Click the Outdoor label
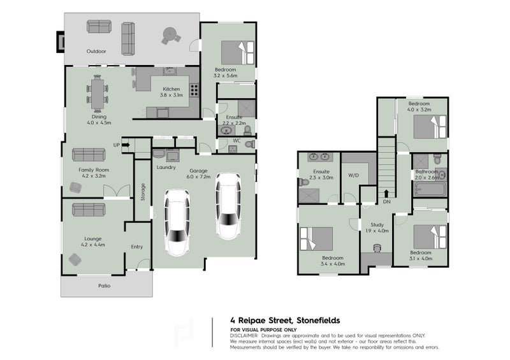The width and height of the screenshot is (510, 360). click(96, 51)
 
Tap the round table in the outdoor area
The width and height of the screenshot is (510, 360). click(170, 34)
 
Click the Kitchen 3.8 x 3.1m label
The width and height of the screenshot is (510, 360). click(171, 92)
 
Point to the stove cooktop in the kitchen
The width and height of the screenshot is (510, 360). click(194, 90)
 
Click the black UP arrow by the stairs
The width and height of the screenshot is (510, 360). click(126, 145)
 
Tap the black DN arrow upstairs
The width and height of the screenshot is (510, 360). click(386, 194)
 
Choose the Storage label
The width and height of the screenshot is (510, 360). click(143, 192)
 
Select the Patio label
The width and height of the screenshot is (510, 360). click(105, 285)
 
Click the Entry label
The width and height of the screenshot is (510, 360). click(137, 247)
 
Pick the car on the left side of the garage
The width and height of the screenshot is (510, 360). click(177, 222)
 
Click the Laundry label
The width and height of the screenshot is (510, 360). click(166, 167)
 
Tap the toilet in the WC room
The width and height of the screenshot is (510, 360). click(250, 145)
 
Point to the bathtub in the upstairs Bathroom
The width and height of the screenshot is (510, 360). click(430, 189)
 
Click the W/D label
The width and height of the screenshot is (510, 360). click(354, 175)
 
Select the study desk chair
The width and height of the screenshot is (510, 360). click(377, 248)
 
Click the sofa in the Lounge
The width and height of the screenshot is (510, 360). click(89, 210)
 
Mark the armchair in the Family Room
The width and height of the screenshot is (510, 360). click(75, 187)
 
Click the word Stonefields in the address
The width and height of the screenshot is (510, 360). click(318, 320)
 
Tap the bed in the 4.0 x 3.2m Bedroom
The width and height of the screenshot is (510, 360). click(430, 127)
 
